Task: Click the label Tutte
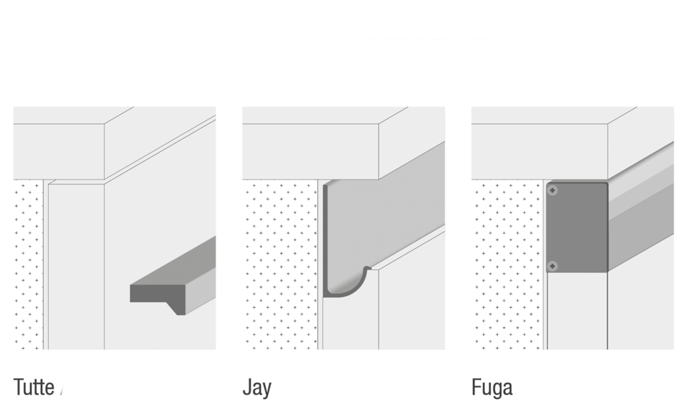(33, 388)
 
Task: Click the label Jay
(257, 388)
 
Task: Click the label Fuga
(492, 388)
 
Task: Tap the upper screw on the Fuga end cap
(553, 191)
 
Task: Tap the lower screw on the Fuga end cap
(553, 266)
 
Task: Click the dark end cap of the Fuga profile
(577, 228)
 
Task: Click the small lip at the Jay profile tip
(368, 268)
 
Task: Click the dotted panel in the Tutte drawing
(28, 264)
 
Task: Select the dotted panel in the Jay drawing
(280, 264)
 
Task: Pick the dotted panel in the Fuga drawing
(508, 264)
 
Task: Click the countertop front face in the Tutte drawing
(59, 151)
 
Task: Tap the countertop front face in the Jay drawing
(310, 151)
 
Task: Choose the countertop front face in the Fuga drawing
(539, 151)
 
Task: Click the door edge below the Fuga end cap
(577, 311)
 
